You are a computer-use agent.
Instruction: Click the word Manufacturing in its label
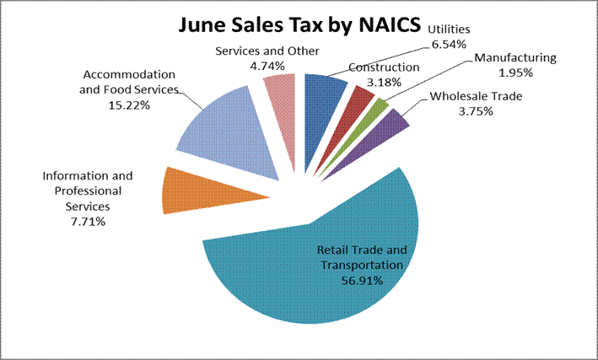[515, 57]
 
